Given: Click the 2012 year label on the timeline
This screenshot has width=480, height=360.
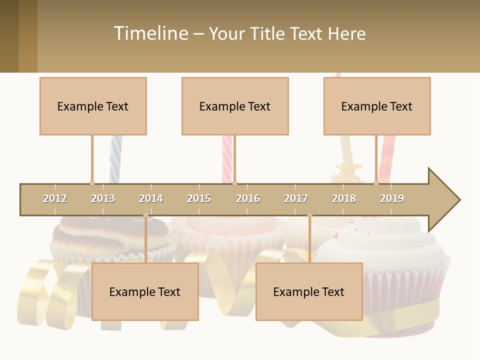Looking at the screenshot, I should [x=55, y=198].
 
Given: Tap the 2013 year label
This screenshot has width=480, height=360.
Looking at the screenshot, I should [x=103, y=198].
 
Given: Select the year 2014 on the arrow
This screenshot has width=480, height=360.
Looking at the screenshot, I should [x=151, y=198].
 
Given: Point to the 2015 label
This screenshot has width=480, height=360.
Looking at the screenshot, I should [x=199, y=198].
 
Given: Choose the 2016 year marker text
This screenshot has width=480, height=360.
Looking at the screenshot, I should [x=248, y=198].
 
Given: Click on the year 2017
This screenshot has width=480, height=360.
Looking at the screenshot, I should [x=296, y=198].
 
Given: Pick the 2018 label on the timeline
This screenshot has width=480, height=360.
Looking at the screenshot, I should [x=344, y=198].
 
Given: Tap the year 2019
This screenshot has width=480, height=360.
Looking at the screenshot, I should [x=392, y=198].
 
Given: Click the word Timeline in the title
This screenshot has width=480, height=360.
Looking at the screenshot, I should [x=150, y=33].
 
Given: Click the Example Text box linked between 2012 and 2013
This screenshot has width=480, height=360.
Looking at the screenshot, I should [x=93, y=106].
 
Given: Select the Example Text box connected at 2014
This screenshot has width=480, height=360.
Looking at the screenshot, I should [x=145, y=291].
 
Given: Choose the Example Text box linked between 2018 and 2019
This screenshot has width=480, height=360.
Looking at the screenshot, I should [x=377, y=106].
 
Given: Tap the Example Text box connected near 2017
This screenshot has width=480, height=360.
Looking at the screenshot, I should [x=309, y=291].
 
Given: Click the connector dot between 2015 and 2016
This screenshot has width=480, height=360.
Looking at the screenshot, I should [x=234, y=183].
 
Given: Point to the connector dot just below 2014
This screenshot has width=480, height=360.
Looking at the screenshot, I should [x=145, y=215].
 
